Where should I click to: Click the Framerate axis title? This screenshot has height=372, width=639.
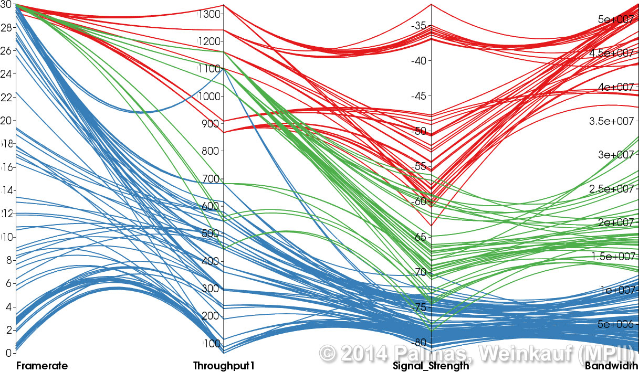(42, 366)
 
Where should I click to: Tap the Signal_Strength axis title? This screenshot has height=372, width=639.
(431, 366)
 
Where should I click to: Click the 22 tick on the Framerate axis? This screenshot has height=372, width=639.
(7, 97)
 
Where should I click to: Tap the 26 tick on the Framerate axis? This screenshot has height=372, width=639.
(7, 50)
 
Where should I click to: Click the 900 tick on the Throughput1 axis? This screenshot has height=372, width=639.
(210, 124)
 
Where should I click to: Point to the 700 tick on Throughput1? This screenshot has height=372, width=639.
(210, 179)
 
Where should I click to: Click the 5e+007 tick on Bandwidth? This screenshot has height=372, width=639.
(615, 19)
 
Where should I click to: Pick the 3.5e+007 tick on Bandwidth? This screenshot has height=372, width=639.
(611, 121)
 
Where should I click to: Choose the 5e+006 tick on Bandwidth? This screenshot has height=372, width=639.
(615, 324)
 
